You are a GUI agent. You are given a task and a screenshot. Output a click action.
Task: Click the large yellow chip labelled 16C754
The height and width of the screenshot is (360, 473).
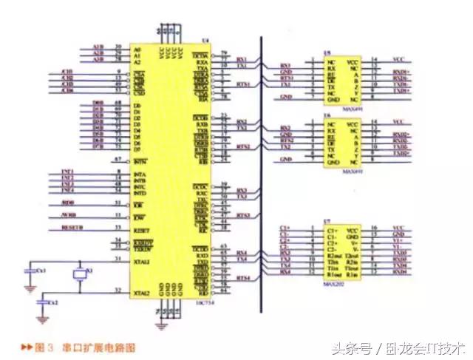click(x=169, y=170)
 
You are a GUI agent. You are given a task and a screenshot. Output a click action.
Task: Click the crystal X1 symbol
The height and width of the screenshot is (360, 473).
click(x=81, y=275)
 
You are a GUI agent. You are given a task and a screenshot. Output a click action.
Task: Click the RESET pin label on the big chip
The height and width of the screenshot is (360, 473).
click(x=140, y=230)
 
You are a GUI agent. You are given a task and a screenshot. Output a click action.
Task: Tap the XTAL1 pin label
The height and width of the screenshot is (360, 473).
click(x=141, y=262)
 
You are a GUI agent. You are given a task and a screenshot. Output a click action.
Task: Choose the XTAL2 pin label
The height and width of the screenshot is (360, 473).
click(x=141, y=293)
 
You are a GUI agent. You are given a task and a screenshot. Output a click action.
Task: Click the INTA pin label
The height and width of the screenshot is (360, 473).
click(x=138, y=174)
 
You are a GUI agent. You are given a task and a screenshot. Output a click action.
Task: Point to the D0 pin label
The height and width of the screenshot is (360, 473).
click(x=137, y=106)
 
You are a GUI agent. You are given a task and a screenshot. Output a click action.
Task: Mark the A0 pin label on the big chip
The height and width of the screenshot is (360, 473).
click(x=137, y=48)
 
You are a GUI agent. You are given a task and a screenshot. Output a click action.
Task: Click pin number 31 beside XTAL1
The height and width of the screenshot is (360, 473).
click(x=118, y=259)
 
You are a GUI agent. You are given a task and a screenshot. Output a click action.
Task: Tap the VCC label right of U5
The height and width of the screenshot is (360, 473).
click(x=398, y=59)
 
